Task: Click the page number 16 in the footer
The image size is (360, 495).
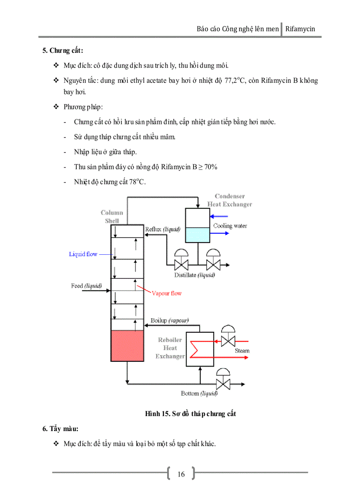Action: point(181,474)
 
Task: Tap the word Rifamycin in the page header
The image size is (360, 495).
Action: point(300,29)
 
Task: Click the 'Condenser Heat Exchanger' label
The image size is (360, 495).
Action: point(229,200)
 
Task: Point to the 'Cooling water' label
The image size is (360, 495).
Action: point(230,226)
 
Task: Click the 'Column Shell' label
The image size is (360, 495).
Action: point(112,216)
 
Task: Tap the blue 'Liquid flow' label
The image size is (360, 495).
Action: point(83,254)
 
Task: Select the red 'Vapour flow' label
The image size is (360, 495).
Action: point(166,293)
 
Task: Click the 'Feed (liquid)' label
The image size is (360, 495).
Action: point(86,286)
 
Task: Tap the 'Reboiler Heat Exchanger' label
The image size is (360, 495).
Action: point(170,348)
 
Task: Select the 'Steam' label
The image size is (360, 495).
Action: point(242,351)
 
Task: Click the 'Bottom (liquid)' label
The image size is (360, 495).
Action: point(199,393)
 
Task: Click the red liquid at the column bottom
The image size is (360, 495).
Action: point(127,346)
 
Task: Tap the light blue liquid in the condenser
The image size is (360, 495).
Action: point(197,235)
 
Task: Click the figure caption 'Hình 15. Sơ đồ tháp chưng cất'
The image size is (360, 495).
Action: point(190,414)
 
